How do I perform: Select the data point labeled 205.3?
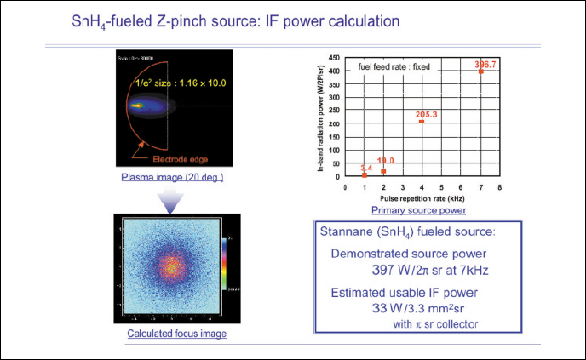[421, 122]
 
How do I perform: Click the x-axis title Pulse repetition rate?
[422, 197]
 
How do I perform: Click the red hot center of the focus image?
[172, 267]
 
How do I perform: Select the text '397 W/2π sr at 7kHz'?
[414, 271]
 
